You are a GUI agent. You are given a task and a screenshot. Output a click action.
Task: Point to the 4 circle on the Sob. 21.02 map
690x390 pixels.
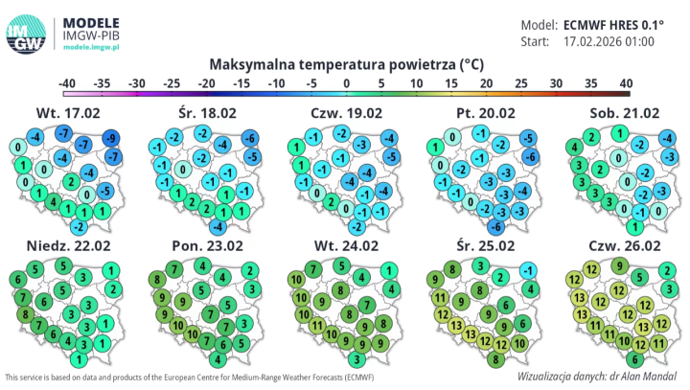(x=573, y=148)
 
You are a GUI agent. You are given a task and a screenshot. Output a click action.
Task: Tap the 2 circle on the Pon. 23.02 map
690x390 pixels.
(x=249, y=270)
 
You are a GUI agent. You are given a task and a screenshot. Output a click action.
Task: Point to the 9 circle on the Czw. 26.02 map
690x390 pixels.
(x=620, y=265)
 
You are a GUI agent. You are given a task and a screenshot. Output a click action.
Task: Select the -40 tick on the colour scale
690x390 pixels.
(x=67, y=83)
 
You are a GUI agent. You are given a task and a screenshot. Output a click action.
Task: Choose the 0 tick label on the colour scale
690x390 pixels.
(x=346, y=83)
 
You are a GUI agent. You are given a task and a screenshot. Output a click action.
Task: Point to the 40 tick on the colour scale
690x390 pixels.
(x=625, y=83)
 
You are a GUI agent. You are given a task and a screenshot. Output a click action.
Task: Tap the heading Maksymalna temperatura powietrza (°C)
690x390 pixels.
(x=345, y=64)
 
